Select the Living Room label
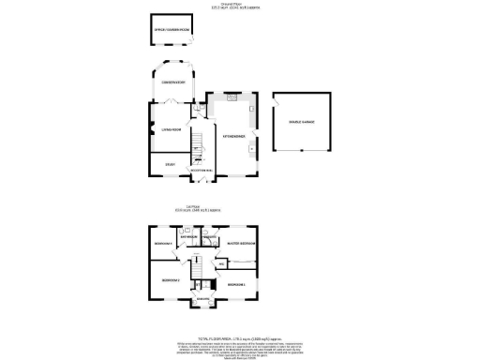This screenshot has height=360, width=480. point(170,130)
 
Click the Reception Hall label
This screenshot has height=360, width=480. point(202,170)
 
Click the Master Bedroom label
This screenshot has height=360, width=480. point(241,243)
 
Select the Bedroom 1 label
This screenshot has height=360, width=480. point(237,283)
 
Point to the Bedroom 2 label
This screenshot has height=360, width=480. point(170,280)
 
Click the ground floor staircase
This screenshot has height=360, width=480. point(198,144)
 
